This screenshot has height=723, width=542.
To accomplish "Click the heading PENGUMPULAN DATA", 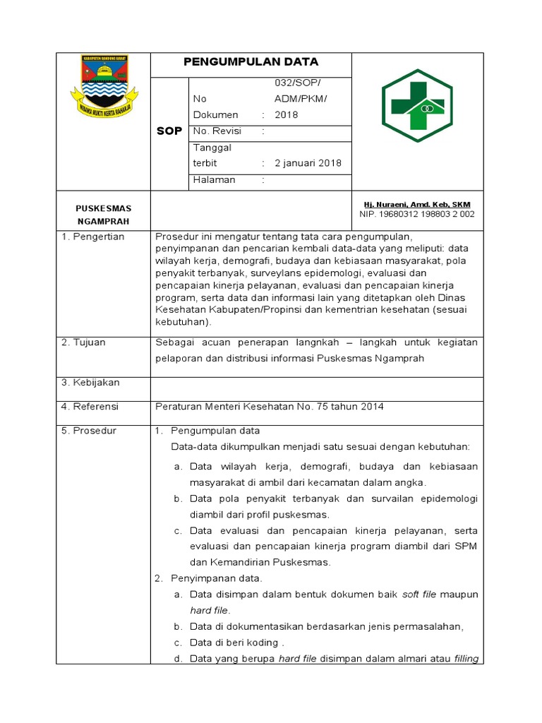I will (x=251, y=62).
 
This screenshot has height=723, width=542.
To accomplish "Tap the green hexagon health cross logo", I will (x=417, y=105).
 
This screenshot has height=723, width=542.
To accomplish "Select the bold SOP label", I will (x=169, y=131).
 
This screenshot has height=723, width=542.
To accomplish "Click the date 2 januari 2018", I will (x=308, y=163).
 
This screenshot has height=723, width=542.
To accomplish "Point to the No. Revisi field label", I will (x=217, y=131).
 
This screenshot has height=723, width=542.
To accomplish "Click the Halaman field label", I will (x=214, y=180).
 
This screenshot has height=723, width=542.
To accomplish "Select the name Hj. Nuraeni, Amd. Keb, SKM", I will (x=416, y=205).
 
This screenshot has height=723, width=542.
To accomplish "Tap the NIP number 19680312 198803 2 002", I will (x=416, y=214).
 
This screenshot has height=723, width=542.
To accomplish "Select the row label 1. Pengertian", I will (x=92, y=237).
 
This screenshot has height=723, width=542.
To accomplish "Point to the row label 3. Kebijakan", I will (x=90, y=383).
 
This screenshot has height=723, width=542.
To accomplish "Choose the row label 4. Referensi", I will (x=90, y=407).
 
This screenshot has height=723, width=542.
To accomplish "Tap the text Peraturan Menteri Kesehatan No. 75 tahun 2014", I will (x=269, y=407).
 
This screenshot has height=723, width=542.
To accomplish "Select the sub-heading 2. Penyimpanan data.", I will (x=208, y=578).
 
